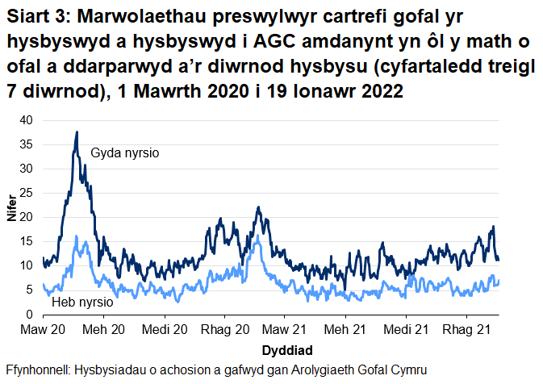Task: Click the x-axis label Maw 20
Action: (x=44, y=331)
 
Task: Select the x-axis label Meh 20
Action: (x=104, y=331)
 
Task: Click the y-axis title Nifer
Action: (x=10, y=217)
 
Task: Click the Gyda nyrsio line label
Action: (x=125, y=152)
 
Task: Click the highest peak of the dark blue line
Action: (x=77, y=132)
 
